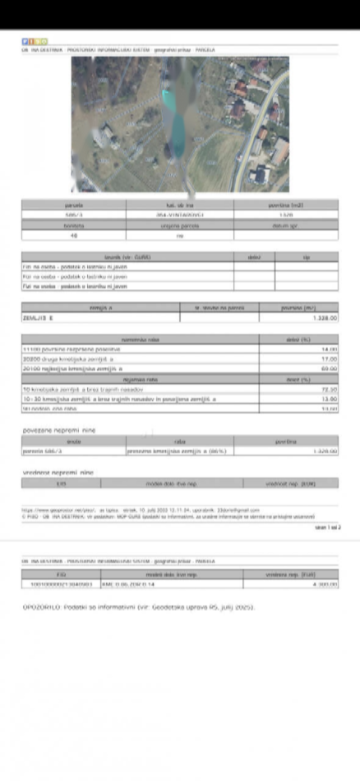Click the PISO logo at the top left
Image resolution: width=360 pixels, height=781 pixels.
click(34, 41)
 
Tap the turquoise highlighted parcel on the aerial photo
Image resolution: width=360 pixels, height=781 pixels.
click(178, 131)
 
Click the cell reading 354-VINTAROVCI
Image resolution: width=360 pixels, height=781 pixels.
click(179, 215)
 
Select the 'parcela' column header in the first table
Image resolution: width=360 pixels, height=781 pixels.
click(73, 205)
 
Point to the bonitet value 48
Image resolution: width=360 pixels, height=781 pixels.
click(73, 234)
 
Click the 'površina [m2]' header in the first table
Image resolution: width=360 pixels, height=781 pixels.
click(286, 205)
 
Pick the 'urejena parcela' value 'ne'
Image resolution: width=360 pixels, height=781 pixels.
click(179, 234)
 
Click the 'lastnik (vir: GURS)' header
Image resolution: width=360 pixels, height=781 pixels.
click(128, 257)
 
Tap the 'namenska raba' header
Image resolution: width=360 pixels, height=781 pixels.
click(140, 339)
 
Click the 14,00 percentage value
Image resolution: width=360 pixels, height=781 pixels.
click(329, 349)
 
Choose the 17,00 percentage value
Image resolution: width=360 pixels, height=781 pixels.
click(329, 359)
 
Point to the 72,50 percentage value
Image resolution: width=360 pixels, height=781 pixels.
click(329, 389)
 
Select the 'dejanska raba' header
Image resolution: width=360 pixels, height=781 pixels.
click(140, 379)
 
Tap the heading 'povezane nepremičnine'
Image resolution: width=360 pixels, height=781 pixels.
click(59, 430)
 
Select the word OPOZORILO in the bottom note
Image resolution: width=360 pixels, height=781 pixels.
click(40, 607)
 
